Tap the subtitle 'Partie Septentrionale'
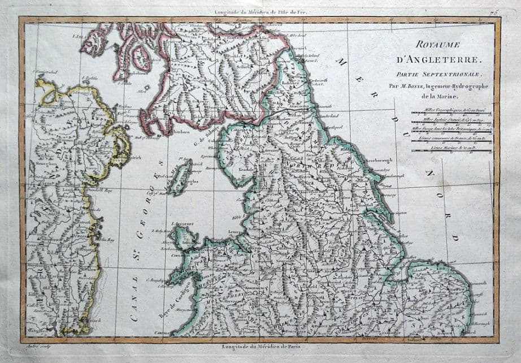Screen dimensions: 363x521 tap(443, 74)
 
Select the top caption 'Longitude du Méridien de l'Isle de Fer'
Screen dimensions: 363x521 tap(260, 12)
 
